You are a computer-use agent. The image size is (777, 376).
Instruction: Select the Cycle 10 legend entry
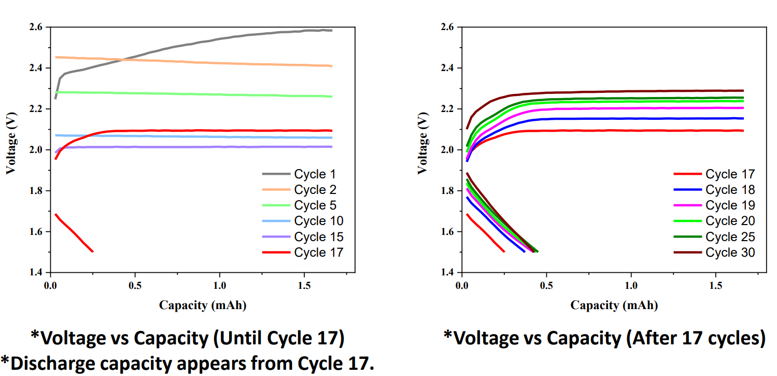[318, 221]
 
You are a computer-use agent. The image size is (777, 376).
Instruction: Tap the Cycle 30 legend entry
[730, 253]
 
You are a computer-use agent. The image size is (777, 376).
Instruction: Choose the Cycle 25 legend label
[730, 237]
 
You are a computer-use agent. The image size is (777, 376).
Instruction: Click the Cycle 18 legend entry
[730, 190]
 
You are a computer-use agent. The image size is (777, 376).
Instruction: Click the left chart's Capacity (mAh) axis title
[203, 305]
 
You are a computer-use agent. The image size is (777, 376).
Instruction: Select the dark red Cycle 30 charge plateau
[622, 91]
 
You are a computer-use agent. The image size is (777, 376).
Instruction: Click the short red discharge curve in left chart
[73, 233]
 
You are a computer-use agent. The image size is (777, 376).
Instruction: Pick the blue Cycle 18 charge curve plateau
[622, 119]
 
